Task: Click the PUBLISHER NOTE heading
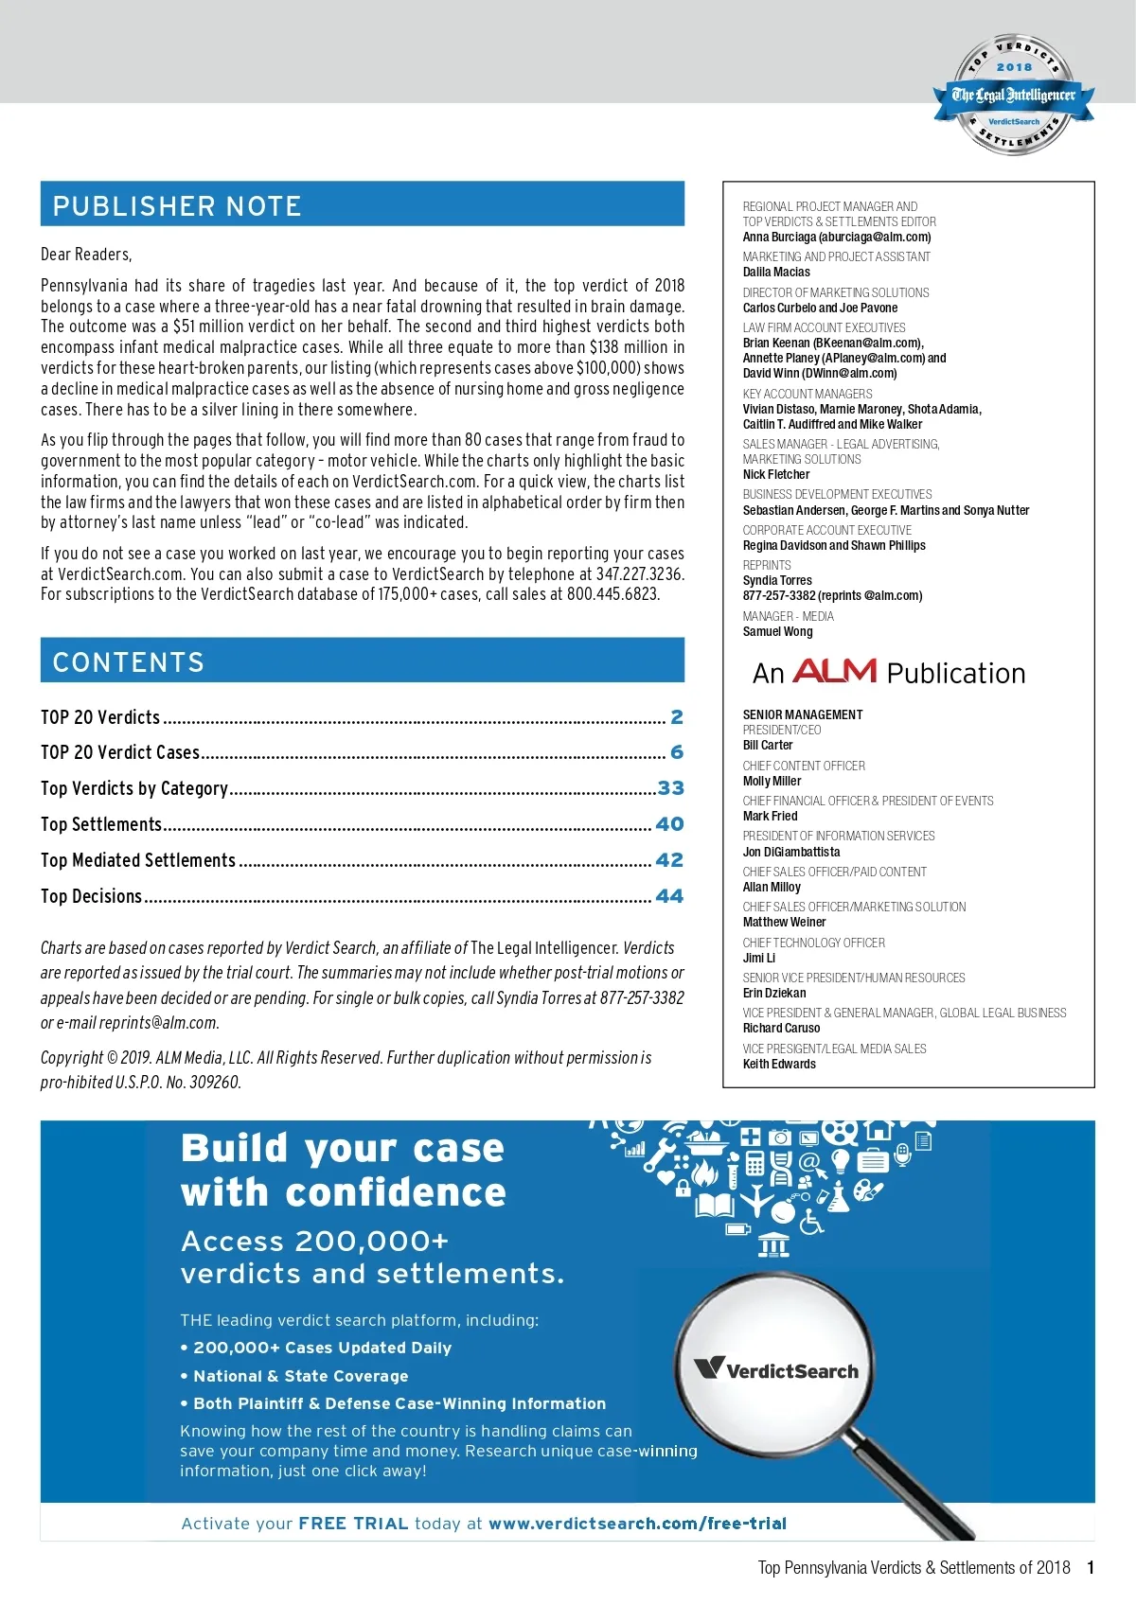[x=177, y=205]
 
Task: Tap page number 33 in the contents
[x=670, y=787]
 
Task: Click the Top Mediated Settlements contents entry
[x=138, y=860]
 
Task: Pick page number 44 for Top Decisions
[x=669, y=895]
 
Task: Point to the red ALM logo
[x=834, y=671]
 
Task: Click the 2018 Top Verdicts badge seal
[x=1014, y=95]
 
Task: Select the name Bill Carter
[x=768, y=746]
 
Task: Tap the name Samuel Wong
[x=777, y=632]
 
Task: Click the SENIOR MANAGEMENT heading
[x=803, y=714]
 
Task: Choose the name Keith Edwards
[x=779, y=1065]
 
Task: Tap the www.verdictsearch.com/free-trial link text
[x=637, y=1524]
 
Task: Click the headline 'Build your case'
[x=343, y=1148]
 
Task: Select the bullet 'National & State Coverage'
[x=300, y=1376]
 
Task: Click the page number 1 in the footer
[x=1091, y=1568]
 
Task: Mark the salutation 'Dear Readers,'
[x=86, y=255]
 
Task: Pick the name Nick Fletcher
[x=776, y=475]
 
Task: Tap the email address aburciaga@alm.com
[x=877, y=238]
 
